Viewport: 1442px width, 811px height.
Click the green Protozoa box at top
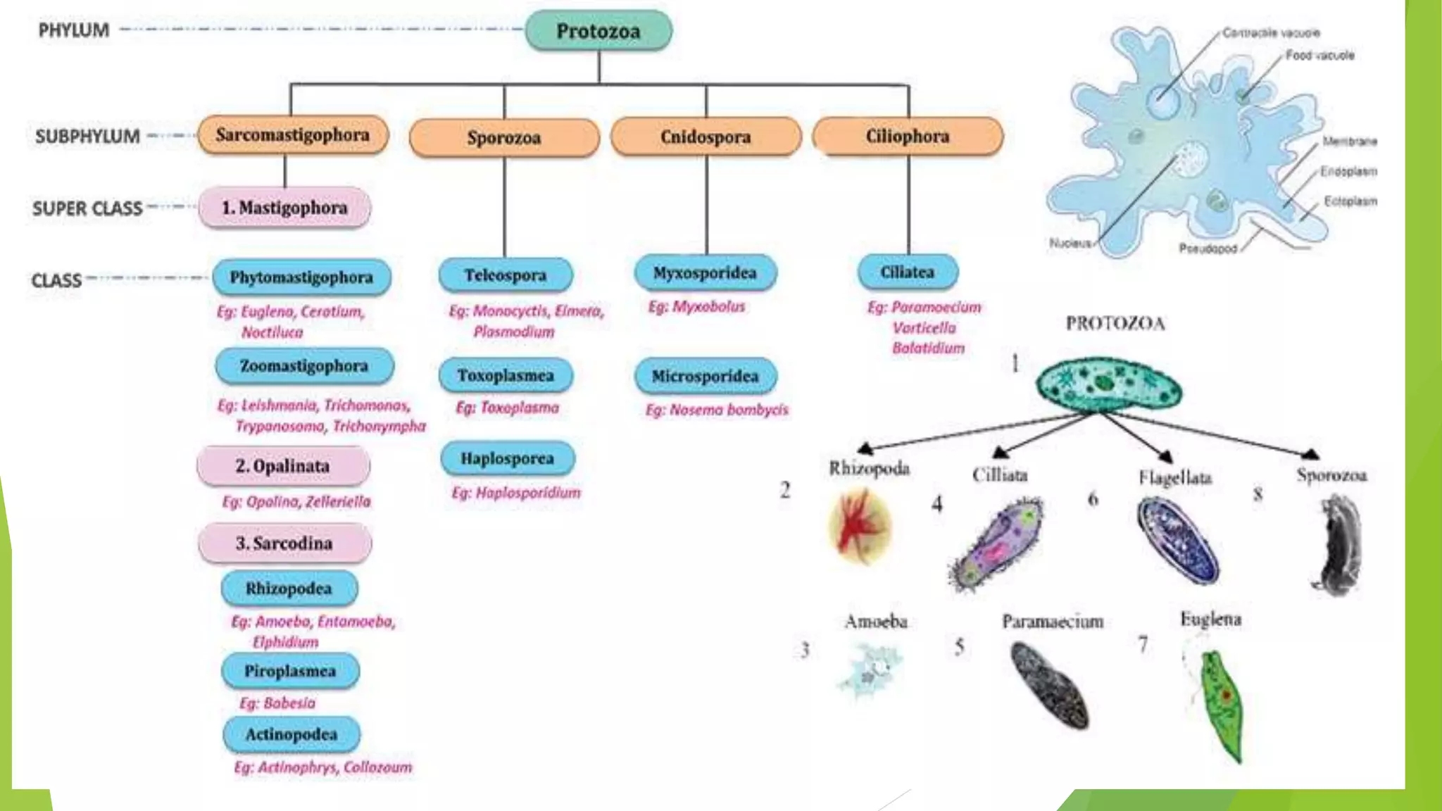coord(598,31)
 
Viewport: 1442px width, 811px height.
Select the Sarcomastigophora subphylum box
coord(292,135)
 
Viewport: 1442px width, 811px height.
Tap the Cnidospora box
coord(706,137)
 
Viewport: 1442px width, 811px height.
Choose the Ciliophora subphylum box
coord(908,136)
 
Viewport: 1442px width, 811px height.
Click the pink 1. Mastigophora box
coord(284,208)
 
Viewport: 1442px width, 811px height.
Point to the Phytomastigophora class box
coord(301,277)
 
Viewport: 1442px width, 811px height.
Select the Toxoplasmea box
coord(506,375)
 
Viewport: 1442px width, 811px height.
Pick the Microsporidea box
coord(705,376)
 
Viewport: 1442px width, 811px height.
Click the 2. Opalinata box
coord(283,466)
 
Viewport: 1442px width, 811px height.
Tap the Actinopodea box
coord(291,734)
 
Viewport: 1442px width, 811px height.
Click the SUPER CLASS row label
coord(87,208)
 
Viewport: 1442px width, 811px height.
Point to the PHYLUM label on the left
coord(74,30)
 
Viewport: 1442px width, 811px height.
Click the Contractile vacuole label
coord(1271,32)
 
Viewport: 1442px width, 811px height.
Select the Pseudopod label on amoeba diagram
coord(1208,249)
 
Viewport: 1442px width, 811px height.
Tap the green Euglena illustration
coord(1224,704)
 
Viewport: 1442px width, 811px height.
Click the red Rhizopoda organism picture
coord(859,526)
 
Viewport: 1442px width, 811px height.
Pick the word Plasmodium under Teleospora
coord(513,332)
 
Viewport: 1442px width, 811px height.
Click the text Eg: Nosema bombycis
coord(717,410)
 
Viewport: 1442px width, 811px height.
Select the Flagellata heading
coord(1175,478)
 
